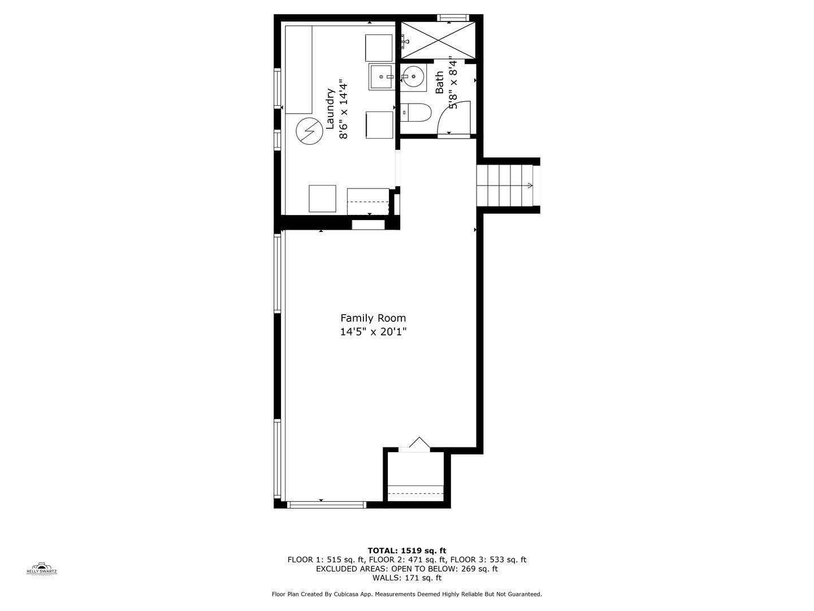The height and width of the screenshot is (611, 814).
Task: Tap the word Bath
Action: [x=439, y=83]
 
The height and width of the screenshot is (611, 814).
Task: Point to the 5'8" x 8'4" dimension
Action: [x=452, y=83]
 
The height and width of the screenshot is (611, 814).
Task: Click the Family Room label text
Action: [x=373, y=318]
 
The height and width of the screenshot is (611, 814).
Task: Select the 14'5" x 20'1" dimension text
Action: [x=373, y=332]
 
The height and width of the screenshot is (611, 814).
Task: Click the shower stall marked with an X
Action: [x=438, y=40]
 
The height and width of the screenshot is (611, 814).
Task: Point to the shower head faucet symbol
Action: [x=404, y=41]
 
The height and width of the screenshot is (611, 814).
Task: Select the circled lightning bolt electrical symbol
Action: [x=308, y=131]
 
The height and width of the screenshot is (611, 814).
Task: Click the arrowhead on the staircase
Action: [x=530, y=186]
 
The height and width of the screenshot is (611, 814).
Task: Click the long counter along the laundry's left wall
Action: [x=299, y=69]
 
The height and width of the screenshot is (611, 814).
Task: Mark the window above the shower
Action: [x=453, y=18]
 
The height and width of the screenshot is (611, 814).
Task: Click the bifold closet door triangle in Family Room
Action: [x=419, y=444]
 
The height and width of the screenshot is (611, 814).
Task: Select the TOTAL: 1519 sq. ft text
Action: [x=406, y=550]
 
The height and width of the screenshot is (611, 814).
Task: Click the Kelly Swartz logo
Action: [x=42, y=568]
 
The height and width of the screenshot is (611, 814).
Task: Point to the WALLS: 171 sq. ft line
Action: [x=406, y=578]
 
